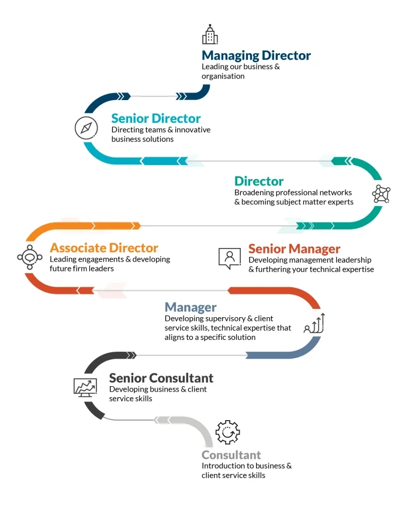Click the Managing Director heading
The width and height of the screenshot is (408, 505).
tap(256, 56)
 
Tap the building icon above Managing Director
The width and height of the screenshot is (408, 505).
tap(210, 34)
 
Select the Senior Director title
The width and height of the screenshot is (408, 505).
tap(156, 119)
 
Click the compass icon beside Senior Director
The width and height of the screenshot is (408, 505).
tap(86, 128)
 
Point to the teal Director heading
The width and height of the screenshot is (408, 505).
tap(259, 181)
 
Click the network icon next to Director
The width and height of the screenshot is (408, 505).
tap(381, 194)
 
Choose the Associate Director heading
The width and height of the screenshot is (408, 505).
tap(104, 248)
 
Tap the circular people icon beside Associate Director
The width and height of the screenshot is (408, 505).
tap(30, 257)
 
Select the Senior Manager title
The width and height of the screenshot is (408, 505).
tap(295, 249)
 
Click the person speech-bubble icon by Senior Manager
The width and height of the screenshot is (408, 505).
tap(229, 258)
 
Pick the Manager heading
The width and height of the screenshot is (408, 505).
tap(191, 308)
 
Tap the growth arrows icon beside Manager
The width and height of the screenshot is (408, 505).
tap(314, 323)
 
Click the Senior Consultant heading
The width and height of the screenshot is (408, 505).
tap(161, 378)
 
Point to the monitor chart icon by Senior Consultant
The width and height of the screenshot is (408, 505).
tap(85, 388)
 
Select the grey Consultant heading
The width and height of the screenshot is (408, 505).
tap(231, 455)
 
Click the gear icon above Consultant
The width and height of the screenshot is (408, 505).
tap(227, 432)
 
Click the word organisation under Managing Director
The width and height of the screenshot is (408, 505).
tap(223, 76)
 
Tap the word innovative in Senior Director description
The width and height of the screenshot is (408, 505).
tap(192, 130)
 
